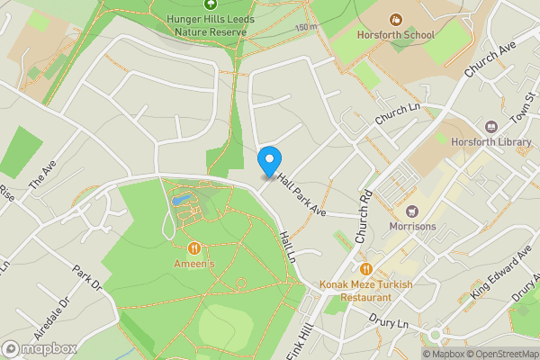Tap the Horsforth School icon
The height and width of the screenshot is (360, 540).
tap(395, 19)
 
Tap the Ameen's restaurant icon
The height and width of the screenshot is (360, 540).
tap(193, 247)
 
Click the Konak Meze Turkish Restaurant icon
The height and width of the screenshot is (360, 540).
tap(366, 268)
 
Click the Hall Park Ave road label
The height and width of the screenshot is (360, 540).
tap(302, 194)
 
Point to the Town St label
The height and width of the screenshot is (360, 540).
tap(521, 113)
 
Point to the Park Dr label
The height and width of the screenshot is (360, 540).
tap(88, 278)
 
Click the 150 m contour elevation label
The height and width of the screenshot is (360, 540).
tap(305, 29)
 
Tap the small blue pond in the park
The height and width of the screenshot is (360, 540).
tap(180, 197)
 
